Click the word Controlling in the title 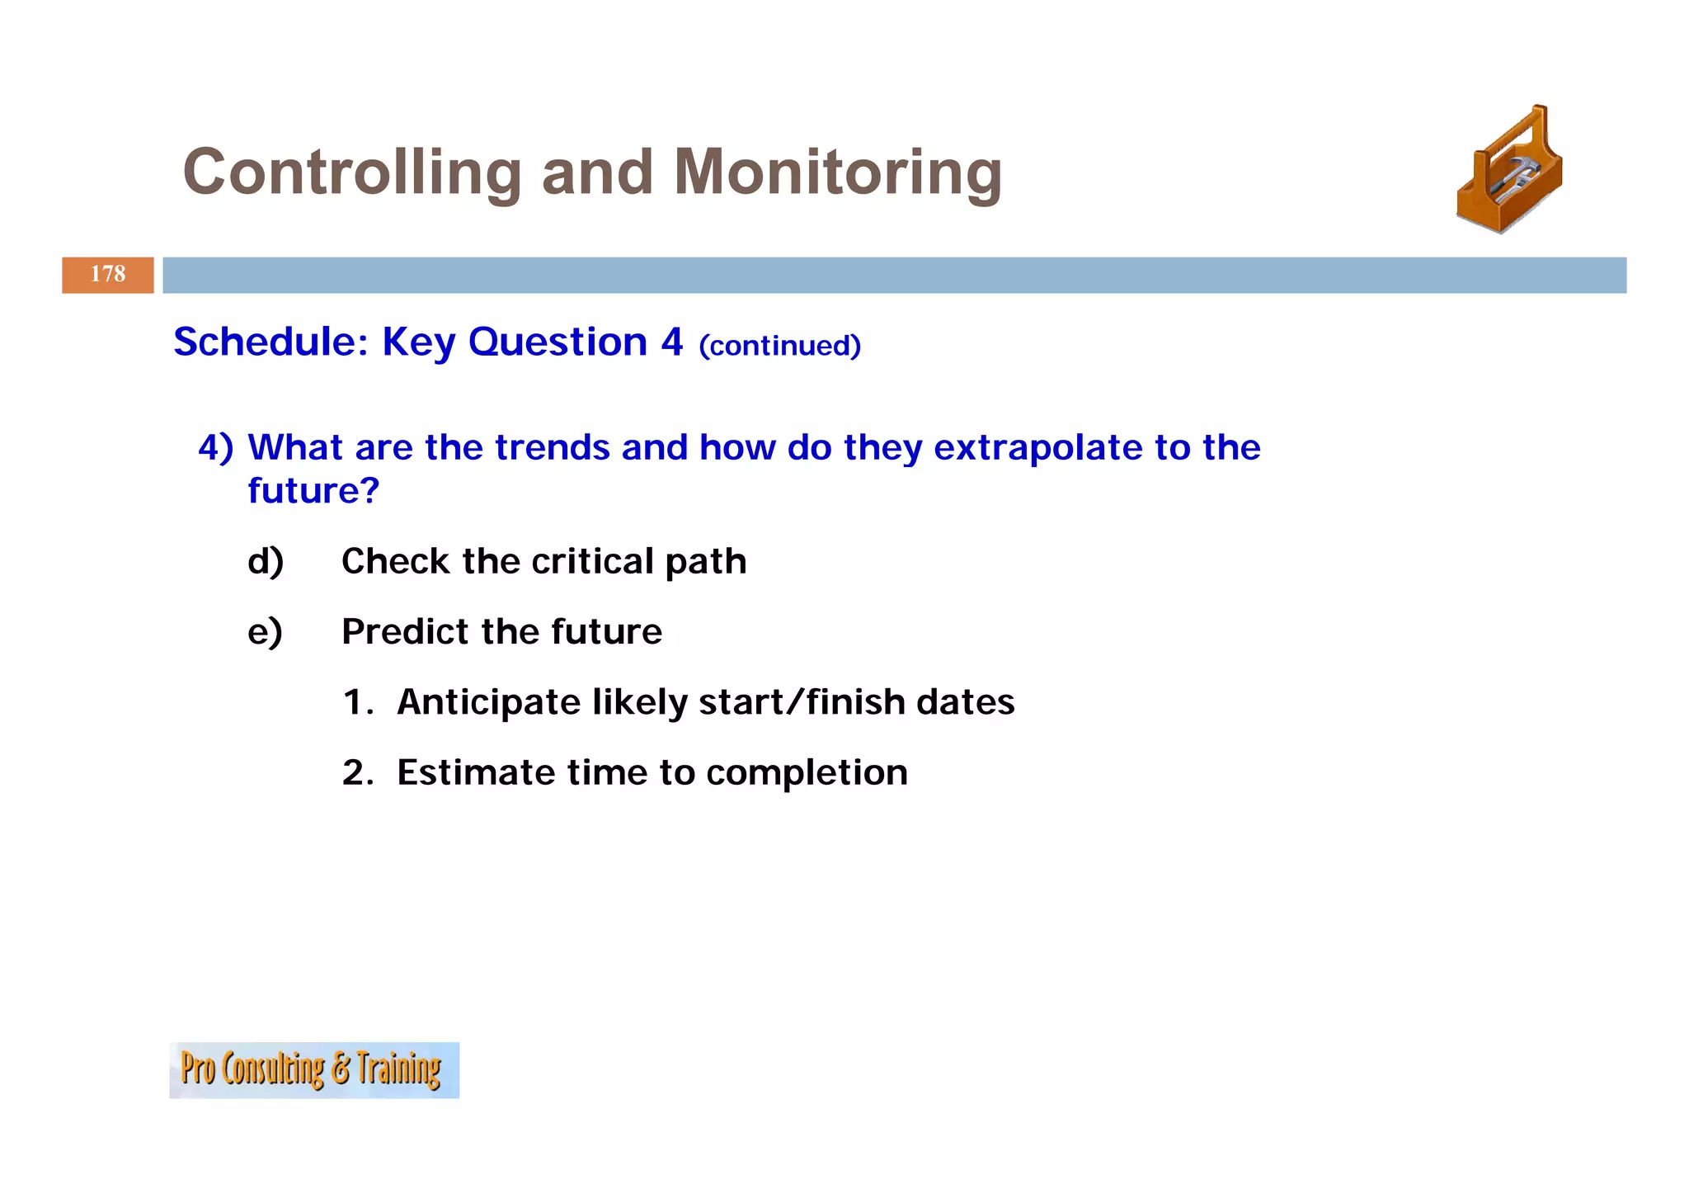(x=352, y=172)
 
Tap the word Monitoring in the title (x=837, y=172)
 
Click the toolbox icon (x=1509, y=171)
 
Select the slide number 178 (x=108, y=275)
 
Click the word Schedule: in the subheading (x=271, y=342)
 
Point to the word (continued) (x=779, y=346)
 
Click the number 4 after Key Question (x=671, y=342)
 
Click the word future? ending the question (x=313, y=491)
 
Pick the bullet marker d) (x=266, y=562)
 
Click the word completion (x=807, y=773)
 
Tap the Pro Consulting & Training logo (x=313, y=1069)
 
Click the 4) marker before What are (x=215, y=447)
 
